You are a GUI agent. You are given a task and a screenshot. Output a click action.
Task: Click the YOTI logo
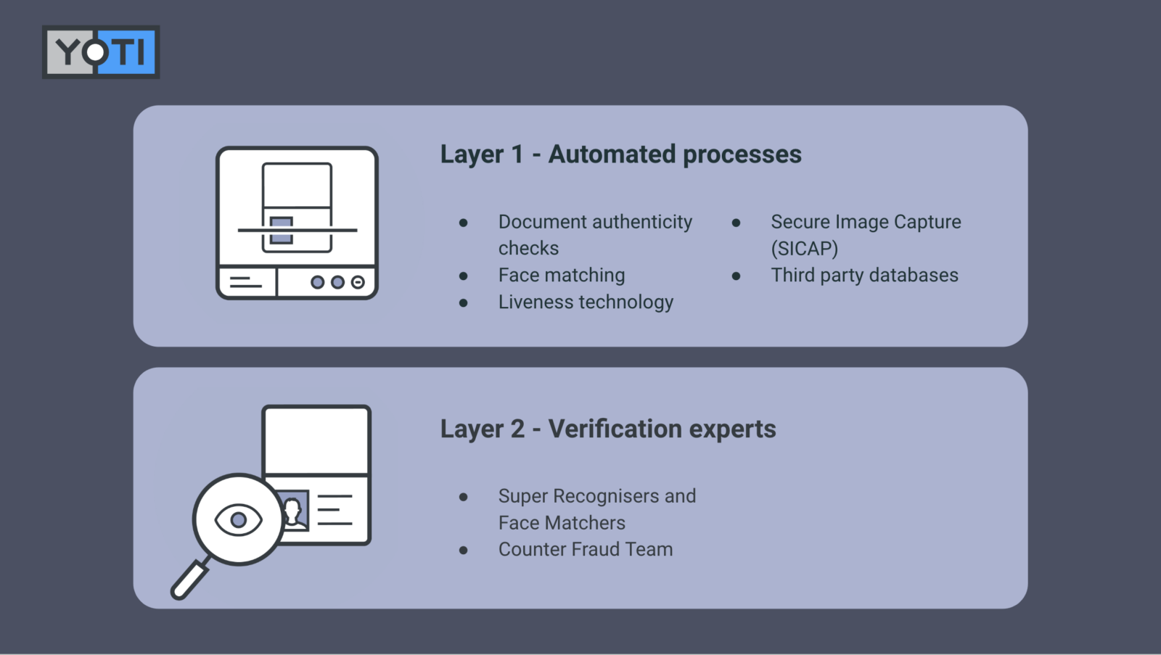[x=101, y=52]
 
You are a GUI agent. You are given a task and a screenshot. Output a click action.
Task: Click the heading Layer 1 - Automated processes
[x=620, y=155]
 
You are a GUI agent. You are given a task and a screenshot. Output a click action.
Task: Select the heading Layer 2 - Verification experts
[x=607, y=429]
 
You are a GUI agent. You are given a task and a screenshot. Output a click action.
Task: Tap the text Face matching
[x=561, y=275]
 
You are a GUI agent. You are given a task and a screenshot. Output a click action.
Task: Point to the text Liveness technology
[x=586, y=302]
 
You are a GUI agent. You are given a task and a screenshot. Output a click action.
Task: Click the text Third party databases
[x=864, y=275]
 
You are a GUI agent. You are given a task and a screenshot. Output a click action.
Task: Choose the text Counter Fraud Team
[x=585, y=549]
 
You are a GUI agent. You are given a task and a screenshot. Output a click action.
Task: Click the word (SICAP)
[x=804, y=248]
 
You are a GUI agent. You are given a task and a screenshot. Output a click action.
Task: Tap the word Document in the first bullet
[x=542, y=221]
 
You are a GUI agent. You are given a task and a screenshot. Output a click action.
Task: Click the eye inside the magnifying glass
[x=238, y=519]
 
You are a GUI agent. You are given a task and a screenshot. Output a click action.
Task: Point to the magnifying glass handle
[x=189, y=580]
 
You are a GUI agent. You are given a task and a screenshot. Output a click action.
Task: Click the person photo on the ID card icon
[x=294, y=509]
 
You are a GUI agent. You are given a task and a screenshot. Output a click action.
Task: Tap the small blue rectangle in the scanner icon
[x=282, y=231]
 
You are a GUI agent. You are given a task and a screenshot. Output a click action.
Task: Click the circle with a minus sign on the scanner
[x=358, y=282]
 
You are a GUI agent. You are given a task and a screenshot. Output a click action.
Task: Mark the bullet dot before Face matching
[x=464, y=276]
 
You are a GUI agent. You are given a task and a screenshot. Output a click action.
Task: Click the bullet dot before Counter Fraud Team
[x=464, y=551]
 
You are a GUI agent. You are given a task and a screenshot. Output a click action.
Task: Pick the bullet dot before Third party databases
[x=737, y=276]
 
